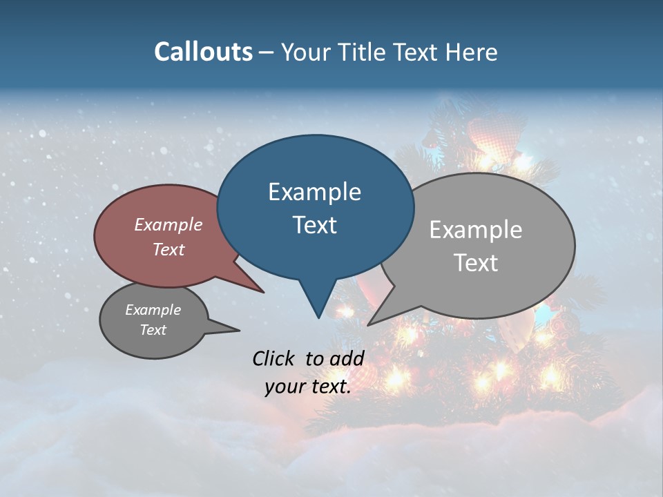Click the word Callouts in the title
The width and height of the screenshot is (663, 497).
pyautogui.click(x=203, y=52)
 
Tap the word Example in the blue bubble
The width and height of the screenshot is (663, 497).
pyautogui.click(x=314, y=192)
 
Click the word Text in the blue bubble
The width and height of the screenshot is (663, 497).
pyautogui.click(x=314, y=225)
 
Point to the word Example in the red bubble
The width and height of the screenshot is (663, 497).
pyautogui.click(x=169, y=224)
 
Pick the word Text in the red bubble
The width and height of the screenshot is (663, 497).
pyautogui.click(x=169, y=249)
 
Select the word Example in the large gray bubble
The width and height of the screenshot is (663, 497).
pyautogui.click(x=476, y=230)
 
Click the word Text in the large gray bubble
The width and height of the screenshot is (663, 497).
pyautogui.click(x=476, y=263)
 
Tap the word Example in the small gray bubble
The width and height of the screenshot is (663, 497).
pyautogui.click(x=153, y=310)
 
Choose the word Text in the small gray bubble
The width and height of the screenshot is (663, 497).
pyautogui.click(x=153, y=330)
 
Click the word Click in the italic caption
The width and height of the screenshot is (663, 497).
pyautogui.click(x=274, y=358)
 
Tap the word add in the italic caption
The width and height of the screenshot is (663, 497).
pyautogui.click(x=347, y=358)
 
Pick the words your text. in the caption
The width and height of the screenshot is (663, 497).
pyautogui.click(x=308, y=387)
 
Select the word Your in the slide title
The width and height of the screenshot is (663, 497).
pyautogui.click(x=307, y=52)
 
